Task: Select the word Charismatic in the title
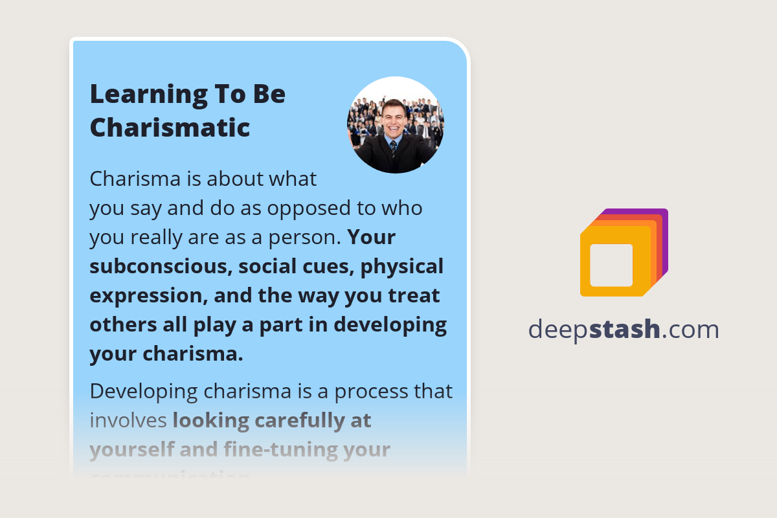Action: tap(170, 127)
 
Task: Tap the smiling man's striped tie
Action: tap(393, 150)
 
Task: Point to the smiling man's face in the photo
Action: tap(394, 118)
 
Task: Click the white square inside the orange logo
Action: tap(611, 265)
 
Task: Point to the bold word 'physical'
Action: tap(402, 266)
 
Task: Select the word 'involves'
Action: tap(128, 421)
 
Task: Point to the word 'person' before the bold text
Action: tap(306, 237)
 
